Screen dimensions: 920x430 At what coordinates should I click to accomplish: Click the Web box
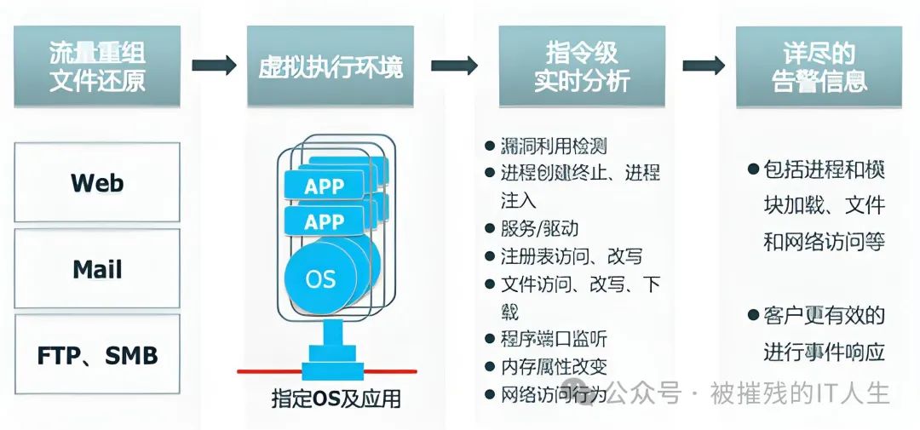click(97, 182)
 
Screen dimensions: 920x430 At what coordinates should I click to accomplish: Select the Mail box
click(97, 269)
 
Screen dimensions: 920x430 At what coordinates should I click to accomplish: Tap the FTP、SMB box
click(97, 354)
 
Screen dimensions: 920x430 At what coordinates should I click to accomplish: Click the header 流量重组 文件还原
click(97, 66)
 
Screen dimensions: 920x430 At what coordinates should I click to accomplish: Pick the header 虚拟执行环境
click(331, 66)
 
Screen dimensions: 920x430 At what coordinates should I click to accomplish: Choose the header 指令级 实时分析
click(581, 66)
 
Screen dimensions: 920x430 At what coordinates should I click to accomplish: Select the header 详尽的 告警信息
click(819, 66)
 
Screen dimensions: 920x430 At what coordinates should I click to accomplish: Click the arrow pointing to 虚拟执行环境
click(214, 66)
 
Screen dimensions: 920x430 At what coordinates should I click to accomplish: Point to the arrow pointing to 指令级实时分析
click(454, 66)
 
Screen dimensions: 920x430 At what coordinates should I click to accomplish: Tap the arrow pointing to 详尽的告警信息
click(704, 66)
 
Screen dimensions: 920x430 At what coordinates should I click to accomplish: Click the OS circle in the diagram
click(320, 278)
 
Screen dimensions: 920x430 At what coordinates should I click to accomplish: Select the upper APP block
click(324, 186)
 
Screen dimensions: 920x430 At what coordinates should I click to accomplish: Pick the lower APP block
click(324, 222)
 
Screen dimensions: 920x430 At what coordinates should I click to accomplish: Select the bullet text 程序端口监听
click(553, 339)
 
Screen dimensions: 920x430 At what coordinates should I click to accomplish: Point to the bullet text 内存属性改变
click(553, 367)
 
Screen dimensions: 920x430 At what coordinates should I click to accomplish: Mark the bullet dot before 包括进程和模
click(753, 169)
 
